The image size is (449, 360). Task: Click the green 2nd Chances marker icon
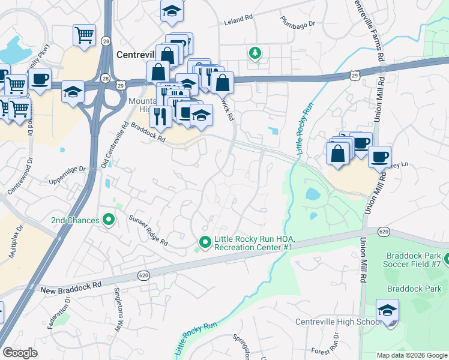click(x=109, y=220)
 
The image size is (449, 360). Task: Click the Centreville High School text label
click(x=338, y=322)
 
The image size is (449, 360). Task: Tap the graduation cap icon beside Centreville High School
click(x=388, y=311)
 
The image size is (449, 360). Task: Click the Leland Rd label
click(x=238, y=20)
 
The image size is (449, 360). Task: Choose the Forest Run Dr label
click(x=328, y=351)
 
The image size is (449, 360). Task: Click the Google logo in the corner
click(x=20, y=353)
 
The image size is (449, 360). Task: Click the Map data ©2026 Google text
click(x=411, y=355)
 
